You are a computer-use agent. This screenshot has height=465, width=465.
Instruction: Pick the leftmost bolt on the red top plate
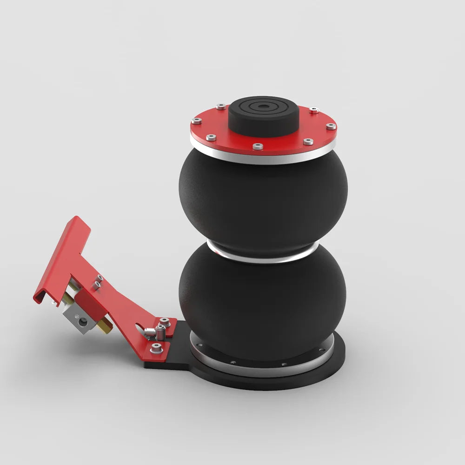197,121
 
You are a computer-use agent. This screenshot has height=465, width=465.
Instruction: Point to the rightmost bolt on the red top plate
330,126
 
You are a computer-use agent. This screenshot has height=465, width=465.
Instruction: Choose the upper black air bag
263,200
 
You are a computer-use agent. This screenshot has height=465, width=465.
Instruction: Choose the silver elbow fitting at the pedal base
150,332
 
